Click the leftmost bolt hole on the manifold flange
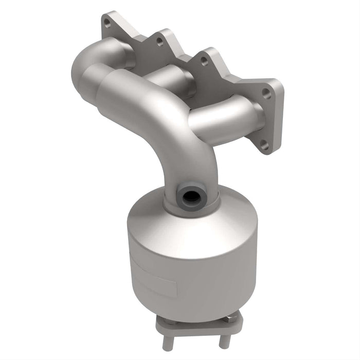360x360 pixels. pyautogui.click(x=106, y=23)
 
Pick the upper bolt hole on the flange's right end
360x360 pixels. pyautogui.click(x=266, y=93)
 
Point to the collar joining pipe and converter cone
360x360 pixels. pyautogui.click(x=190, y=208)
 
